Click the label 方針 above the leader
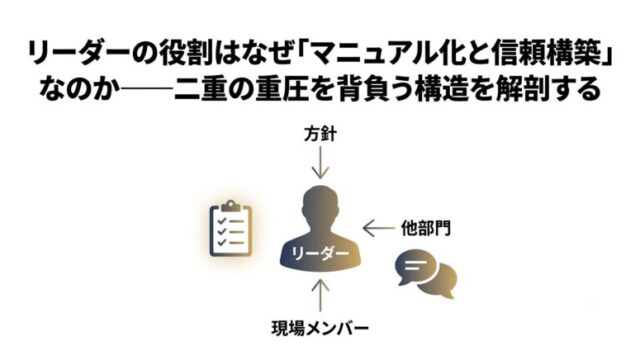[x=320, y=134]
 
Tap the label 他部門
[x=426, y=228]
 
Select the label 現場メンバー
[x=320, y=328]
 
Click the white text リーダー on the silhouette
[x=320, y=254]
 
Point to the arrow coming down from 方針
[x=320, y=162]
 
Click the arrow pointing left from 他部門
[x=379, y=228]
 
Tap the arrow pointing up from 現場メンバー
[x=320, y=296]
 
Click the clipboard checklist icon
[x=231, y=229]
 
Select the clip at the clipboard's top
[x=231, y=205]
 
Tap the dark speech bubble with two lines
[x=415, y=267]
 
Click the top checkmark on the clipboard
[x=222, y=221]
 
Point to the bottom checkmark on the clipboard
[x=222, y=242]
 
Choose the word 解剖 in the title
[x=522, y=89]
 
